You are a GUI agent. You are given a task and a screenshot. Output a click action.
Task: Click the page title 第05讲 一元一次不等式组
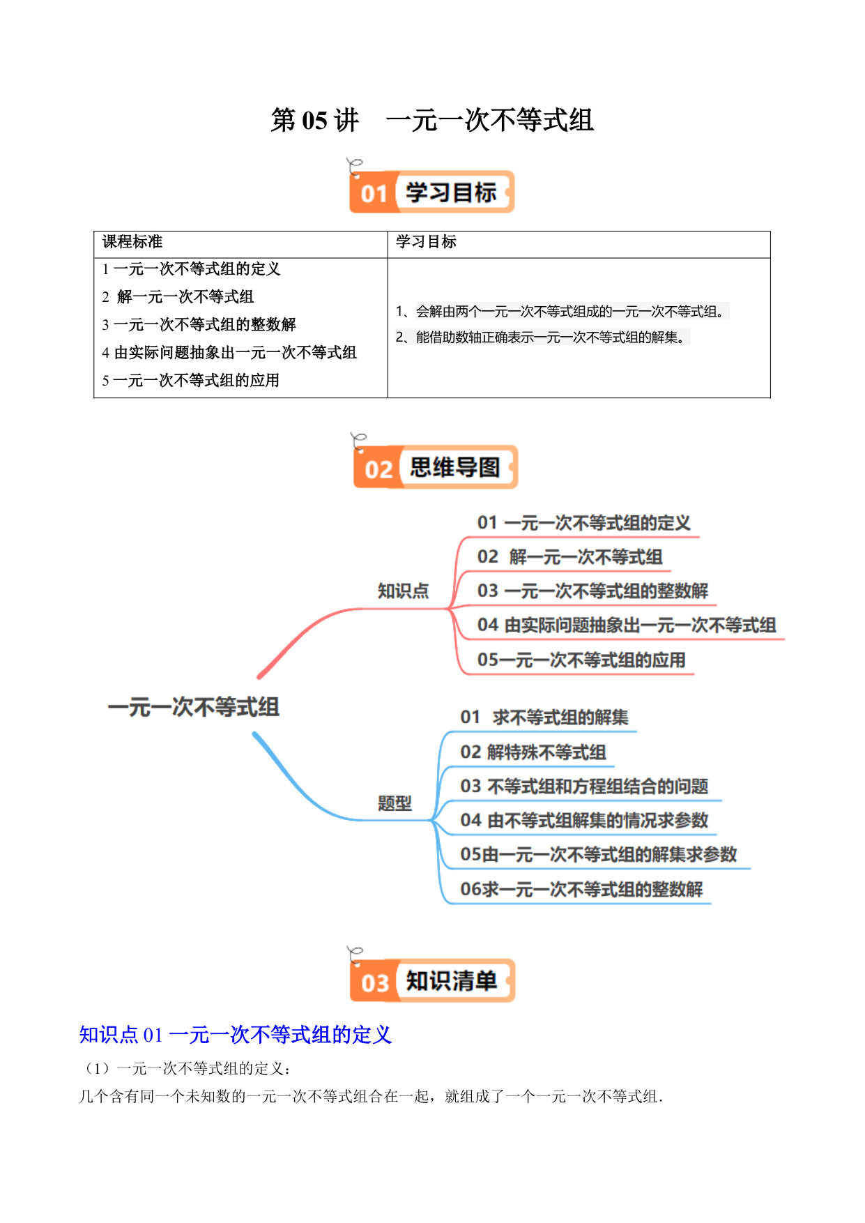[x=432, y=120]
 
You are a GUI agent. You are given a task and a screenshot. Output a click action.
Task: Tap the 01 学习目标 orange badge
[x=431, y=192]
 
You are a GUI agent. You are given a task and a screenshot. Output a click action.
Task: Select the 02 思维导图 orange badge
[x=436, y=466]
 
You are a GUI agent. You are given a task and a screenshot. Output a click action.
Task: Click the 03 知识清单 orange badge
[x=432, y=980]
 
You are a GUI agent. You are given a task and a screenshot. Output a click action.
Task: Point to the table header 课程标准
[x=132, y=242]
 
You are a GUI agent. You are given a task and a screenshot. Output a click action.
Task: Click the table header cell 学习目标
[x=426, y=242]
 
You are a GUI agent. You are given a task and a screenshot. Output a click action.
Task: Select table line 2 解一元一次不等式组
[x=178, y=297]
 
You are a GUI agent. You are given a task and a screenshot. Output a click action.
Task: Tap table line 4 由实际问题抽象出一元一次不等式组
[x=229, y=353]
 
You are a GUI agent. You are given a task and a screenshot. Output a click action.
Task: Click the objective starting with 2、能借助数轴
[x=542, y=337]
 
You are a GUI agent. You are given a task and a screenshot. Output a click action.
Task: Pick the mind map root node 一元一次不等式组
[x=194, y=707]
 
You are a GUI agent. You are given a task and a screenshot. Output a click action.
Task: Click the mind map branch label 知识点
[x=403, y=591]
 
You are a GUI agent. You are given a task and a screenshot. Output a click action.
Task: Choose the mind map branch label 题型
[x=395, y=803]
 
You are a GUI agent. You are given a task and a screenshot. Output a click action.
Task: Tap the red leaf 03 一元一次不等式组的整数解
[x=592, y=591]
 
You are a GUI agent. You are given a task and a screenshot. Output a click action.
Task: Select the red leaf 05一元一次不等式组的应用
[x=581, y=660]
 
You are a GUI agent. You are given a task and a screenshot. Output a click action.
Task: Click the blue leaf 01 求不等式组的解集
[x=544, y=717]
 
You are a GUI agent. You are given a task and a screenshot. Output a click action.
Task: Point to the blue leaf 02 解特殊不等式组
[x=533, y=752]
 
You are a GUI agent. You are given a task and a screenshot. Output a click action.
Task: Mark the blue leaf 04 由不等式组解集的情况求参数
[x=584, y=821]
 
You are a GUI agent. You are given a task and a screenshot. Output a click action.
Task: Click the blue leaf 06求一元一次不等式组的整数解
[x=581, y=890]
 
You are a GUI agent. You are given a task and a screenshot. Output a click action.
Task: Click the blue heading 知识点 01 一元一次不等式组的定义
[x=236, y=1035]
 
